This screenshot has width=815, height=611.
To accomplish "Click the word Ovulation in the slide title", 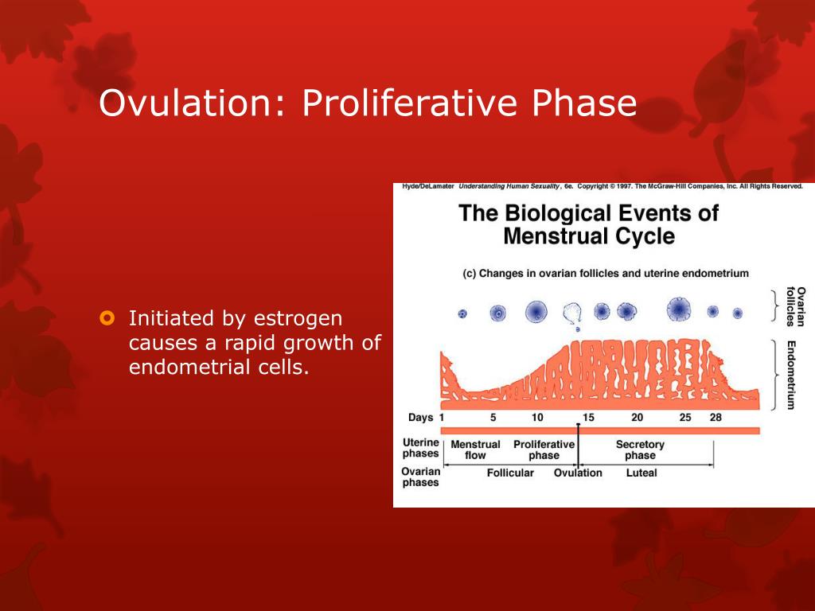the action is coord(185,103).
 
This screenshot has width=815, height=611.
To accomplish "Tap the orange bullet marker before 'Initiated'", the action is coord(107,317).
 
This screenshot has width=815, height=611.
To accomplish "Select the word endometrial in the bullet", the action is coord(191,367).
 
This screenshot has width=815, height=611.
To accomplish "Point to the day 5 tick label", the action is coord(493,417).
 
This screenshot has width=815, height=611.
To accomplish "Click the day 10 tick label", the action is coord(537,417).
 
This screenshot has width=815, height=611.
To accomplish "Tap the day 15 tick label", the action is coord(588,417).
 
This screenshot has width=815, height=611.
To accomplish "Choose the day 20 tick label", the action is coord(637,417).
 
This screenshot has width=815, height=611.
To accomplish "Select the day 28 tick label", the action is coord(716,417).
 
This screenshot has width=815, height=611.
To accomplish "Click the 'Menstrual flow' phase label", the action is coord(475,450).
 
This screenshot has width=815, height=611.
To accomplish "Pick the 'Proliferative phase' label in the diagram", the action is coord(544,450).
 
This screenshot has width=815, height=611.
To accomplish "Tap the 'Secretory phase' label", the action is coord(640,450).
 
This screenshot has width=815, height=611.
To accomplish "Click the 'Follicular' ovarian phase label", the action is coord(510,473).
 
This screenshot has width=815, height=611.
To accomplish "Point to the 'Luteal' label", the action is coord(641,473).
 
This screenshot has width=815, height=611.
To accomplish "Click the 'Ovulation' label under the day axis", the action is coord(578,473).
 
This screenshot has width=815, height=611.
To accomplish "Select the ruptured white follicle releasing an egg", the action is coord(571,313).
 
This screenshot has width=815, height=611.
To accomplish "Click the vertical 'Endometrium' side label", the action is coord(791,376).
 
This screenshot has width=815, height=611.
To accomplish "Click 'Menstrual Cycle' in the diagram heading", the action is coord(589,236).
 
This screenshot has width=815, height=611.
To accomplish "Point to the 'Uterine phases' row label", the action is coord(420,448).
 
